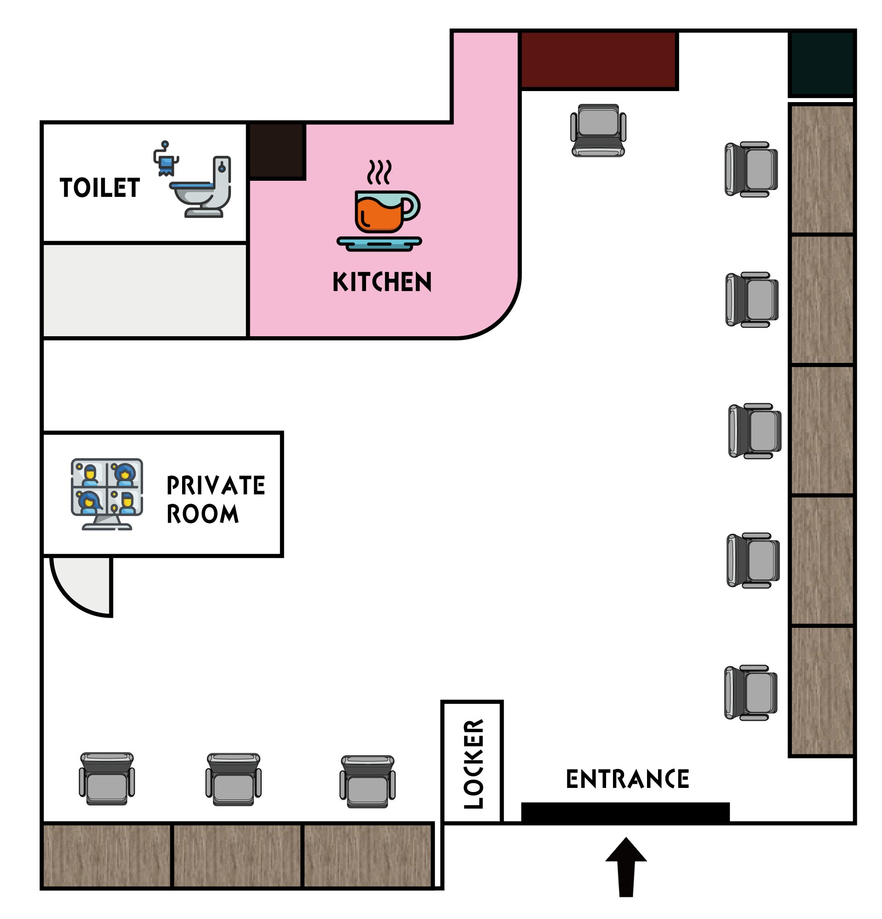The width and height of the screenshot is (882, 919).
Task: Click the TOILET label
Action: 99,188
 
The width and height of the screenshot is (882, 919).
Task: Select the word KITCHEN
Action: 382,282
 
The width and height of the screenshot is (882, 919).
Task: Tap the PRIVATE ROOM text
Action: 216,500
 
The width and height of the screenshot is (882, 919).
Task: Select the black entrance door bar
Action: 625,812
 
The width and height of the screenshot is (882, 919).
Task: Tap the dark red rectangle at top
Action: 599,60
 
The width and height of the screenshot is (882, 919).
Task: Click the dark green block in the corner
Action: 822,64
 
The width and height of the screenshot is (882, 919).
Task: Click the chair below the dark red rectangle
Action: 598,130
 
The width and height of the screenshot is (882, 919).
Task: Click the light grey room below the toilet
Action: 145,290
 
